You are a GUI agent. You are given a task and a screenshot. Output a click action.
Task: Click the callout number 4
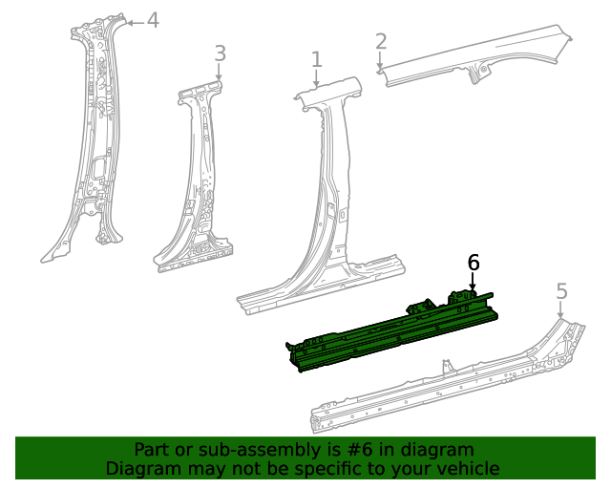pos(152,20)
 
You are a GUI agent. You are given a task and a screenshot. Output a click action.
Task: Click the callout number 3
pos(220,53)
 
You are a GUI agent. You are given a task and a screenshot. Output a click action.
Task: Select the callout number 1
pos(317,60)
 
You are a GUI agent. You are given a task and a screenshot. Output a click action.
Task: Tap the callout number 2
pos(381,41)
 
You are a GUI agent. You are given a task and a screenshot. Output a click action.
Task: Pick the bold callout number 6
pos(474,263)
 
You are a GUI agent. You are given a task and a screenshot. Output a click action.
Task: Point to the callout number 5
pos(561,291)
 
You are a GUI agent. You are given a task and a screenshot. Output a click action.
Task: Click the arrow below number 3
pos(220,74)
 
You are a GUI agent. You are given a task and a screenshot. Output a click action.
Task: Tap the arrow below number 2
pos(381,62)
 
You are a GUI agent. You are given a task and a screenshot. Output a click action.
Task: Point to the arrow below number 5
pos(561,310)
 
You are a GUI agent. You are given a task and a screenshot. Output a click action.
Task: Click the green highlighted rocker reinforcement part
pos(391,330)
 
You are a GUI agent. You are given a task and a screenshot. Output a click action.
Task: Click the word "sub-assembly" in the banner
pos(231,450)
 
